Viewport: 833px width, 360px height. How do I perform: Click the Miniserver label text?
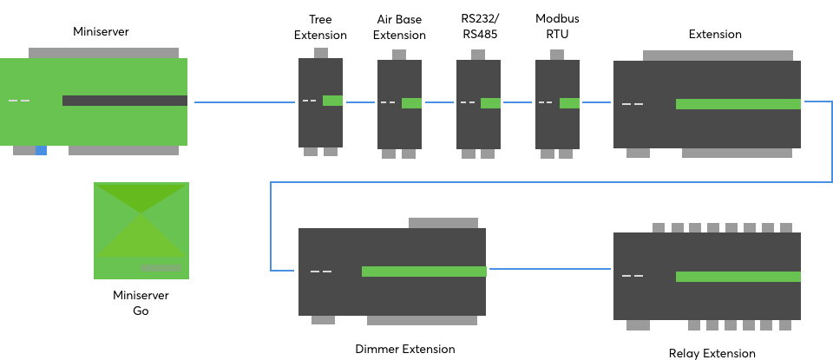[x=101, y=32]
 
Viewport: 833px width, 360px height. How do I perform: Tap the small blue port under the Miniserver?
[x=41, y=150]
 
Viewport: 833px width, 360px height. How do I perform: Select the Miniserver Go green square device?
[x=141, y=231]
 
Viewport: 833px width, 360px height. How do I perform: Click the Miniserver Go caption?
[x=141, y=303]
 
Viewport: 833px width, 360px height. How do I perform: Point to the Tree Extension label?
[x=320, y=27]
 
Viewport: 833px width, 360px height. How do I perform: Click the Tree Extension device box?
[x=320, y=121]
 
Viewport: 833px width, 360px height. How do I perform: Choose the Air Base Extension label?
[x=399, y=27]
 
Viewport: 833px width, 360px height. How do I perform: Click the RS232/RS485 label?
[x=479, y=27]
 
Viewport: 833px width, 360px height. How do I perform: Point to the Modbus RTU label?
[x=557, y=27]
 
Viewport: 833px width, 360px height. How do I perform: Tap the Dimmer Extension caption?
[x=405, y=350]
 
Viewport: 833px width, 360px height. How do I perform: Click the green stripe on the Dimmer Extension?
[x=423, y=272]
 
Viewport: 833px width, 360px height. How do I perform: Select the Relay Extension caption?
[x=712, y=353]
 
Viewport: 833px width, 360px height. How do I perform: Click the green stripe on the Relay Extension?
[x=738, y=277]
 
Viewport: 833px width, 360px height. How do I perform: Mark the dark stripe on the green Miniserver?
[x=124, y=101]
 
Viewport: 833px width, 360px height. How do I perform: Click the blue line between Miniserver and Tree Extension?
[x=245, y=102]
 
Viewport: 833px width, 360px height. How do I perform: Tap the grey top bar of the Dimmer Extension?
[x=443, y=223]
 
